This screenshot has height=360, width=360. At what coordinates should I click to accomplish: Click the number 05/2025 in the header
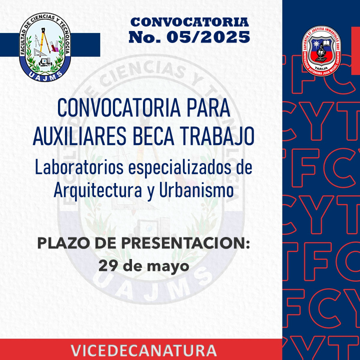click(x=208, y=36)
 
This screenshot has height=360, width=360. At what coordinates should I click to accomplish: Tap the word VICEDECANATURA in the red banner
click(x=143, y=350)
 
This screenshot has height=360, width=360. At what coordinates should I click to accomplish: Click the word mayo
click(x=168, y=267)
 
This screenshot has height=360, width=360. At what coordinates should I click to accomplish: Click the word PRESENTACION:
click(x=185, y=243)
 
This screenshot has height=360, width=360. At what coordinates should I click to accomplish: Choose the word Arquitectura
click(x=98, y=191)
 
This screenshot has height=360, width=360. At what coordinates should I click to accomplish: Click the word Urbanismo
click(x=196, y=190)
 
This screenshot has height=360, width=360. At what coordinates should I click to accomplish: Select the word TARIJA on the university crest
click(x=321, y=68)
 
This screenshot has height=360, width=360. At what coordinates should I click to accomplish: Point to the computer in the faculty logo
click(x=45, y=62)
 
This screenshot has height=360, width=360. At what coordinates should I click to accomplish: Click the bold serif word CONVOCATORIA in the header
click(x=189, y=22)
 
